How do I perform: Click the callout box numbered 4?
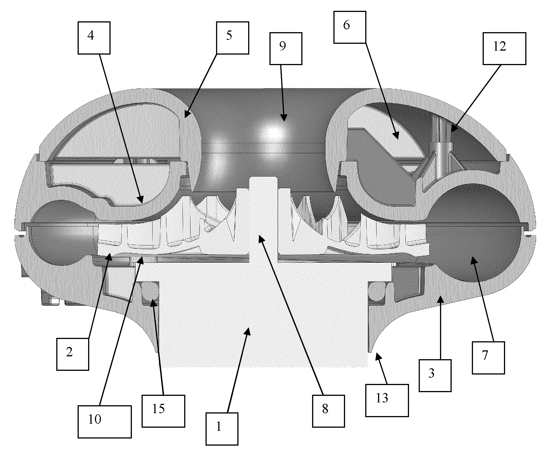[94, 38]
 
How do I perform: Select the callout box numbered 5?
[233, 38]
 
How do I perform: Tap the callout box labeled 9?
[286, 48]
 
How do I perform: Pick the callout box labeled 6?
[350, 27]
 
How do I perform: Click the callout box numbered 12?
[505, 48]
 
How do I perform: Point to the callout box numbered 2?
[73, 354]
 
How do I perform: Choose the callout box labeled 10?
[105, 422]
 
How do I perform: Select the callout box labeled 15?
[163, 411]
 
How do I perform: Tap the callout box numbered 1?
[222, 429]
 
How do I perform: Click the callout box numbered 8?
[329, 411]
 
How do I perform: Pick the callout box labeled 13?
[387, 400]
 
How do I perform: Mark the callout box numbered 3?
[435, 375]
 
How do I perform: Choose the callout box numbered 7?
[488, 358]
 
